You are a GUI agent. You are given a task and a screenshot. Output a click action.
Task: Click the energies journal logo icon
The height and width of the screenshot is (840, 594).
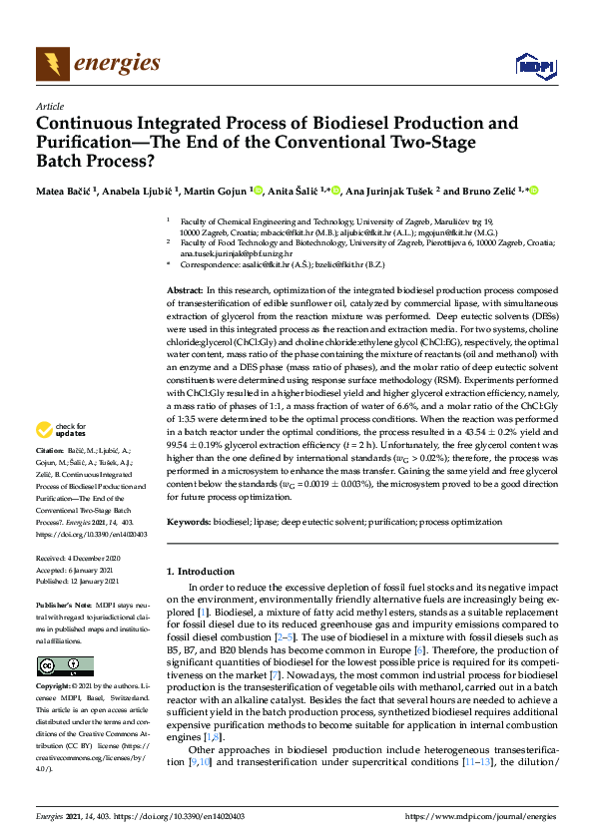click(x=50, y=64)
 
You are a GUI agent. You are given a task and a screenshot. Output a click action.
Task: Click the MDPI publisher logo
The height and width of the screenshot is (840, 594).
click(x=535, y=66)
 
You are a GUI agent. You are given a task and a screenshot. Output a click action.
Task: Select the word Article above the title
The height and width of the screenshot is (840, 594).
click(x=49, y=106)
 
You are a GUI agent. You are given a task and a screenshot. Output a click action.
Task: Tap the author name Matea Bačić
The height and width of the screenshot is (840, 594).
click(x=65, y=191)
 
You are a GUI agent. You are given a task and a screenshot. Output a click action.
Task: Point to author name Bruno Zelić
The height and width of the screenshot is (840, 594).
click(x=477, y=191)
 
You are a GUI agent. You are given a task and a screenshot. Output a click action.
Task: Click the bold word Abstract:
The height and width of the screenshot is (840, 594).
click(x=187, y=288)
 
